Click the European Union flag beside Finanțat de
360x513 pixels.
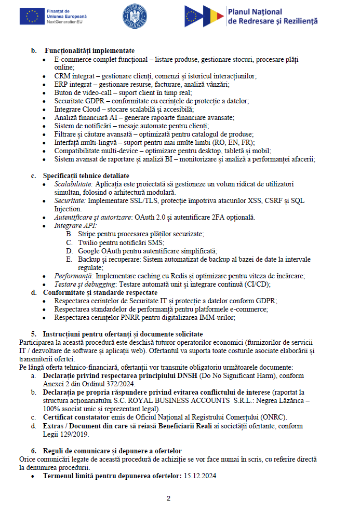32,17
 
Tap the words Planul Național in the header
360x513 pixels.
256,12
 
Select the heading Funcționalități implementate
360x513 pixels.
90,51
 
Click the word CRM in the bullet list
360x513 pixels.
63,76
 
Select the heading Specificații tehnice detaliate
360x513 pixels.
86,176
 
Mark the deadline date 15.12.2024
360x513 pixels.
200,476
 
